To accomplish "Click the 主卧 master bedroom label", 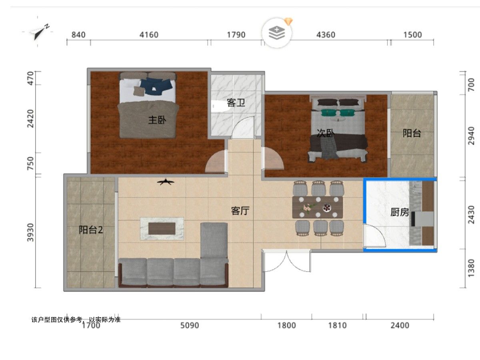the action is (x=157, y=120).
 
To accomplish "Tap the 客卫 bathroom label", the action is (x=236, y=103).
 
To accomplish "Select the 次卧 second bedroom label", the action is (x=326, y=133).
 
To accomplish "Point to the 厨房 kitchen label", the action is (x=400, y=212).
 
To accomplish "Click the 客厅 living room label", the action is (x=240, y=211).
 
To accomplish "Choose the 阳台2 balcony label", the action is (x=91, y=230).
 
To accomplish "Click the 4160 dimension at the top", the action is (x=149, y=35).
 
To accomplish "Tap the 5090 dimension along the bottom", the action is (x=190, y=326).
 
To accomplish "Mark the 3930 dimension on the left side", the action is (x=31, y=232).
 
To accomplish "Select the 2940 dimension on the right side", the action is (x=471, y=136).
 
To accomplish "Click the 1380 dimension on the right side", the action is (x=471, y=268).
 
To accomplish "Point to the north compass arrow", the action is (x=40, y=32).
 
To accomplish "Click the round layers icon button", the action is (x=277, y=33).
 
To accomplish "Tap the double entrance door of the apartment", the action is (x=286, y=261).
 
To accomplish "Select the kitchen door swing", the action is (x=374, y=236).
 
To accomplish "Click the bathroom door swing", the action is (x=243, y=128).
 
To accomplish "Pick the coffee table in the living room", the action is (x=162, y=228).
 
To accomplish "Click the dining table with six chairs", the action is (x=318, y=207).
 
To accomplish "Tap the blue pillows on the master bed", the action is (x=156, y=86).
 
